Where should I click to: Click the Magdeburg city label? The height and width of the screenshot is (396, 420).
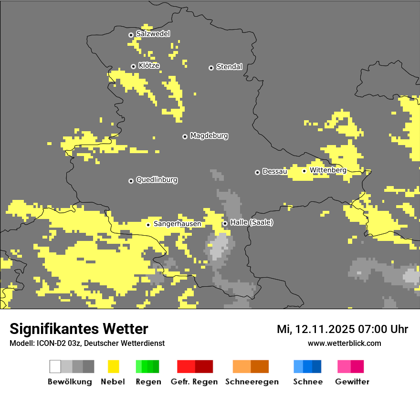pyautogui.click(x=209, y=136)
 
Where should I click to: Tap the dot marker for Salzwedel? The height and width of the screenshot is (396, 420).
pyautogui.click(x=131, y=35)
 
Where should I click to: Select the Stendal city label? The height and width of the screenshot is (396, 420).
pyautogui.click(x=229, y=67)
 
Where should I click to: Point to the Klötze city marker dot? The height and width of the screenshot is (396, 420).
pyautogui.click(x=133, y=66)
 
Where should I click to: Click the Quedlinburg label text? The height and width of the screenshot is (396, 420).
pyautogui.click(x=157, y=180)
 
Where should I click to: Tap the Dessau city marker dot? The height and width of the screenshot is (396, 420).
pyautogui.click(x=257, y=172)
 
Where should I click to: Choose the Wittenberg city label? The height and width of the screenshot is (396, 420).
pyautogui.click(x=328, y=170)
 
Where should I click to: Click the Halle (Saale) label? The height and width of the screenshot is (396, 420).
pyautogui.click(x=252, y=223)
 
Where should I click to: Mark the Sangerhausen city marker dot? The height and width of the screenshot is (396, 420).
pyautogui.click(x=148, y=225)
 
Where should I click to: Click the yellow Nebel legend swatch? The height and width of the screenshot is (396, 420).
pyautogui.click(x=113, y=366)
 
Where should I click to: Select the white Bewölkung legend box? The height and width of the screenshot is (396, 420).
pyautogui.click(x=55, y=366)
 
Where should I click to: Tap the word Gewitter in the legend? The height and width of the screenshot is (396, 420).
pyautogui.click(x=352, y=382)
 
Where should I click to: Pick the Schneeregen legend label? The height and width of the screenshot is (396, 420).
pyautogui.click(x=252, y=382)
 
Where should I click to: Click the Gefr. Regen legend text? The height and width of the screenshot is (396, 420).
pyautogui.click(x=194, y=382)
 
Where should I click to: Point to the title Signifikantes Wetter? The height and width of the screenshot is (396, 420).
pyautogui.click(x=79, y=329)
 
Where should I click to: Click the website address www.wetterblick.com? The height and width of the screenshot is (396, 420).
pyautogui.click(x=344, y=343)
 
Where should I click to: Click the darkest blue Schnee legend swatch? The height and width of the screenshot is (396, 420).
pyautogui.click(x=317, y=366)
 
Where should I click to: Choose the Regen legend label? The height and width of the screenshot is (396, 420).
pyautogui.click(x=147, y=382)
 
